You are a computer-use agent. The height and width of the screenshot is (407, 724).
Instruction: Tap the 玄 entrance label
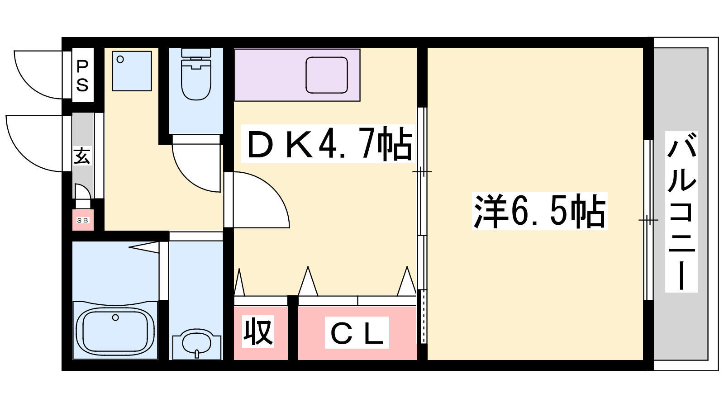pyautogui.click(x=82, y=156)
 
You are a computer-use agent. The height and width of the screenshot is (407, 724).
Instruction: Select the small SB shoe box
pyautogui.click(x=83, y=220)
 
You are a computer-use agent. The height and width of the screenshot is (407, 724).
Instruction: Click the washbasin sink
pyautogui.click(x=196, y=344)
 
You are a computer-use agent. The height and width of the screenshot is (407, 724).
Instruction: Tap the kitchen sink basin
pyautogui.click(x=327, y=75)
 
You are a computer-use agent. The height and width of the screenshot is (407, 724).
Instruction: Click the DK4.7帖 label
pyautogui.click(x=328, y=143)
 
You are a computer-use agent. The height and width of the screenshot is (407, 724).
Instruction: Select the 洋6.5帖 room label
pyautogui.click(x=539, y=211)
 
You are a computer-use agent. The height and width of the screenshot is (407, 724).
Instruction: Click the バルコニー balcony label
pyautogui.click(x=681, y=212)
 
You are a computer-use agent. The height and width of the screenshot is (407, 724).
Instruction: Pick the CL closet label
pyautogui.click(x=357, y=333)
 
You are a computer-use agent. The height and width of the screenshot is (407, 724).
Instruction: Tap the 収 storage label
pyautogui.click(x=258, y=331)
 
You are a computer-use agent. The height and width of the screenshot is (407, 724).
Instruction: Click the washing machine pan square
pyautogui.click(x=132, y=71)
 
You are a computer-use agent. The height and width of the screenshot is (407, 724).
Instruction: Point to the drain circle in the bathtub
pyautogui.click(x=115, y=318)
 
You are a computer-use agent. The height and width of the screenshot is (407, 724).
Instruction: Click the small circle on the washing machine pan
pyautogui.click(x=120, y=59)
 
